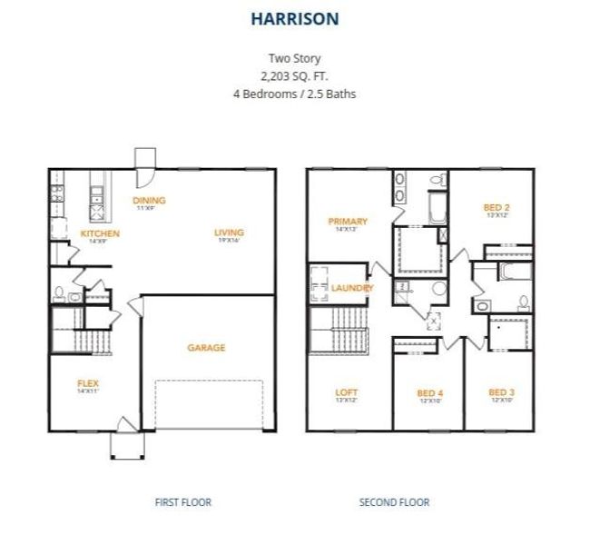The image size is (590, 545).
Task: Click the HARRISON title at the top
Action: pos(295,17)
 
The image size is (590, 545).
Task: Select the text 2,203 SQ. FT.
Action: pos(294,76)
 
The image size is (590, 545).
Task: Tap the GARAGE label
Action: pos(206,347)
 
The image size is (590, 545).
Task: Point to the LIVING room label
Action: pos(230,233)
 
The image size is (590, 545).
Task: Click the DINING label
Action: pos(149,201)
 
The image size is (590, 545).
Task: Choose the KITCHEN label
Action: pos(99,233)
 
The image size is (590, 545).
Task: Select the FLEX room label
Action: pos(87,383)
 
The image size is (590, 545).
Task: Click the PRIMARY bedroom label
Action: pos(348,221)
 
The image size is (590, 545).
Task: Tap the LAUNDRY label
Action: pos(352,288)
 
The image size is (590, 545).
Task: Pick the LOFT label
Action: pos(347,392)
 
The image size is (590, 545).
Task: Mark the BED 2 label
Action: pos(496,208)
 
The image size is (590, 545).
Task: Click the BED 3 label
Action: pos(501,392)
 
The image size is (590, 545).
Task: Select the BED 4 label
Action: pos(429,392)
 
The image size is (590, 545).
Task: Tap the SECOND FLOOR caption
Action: pos(394,501)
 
